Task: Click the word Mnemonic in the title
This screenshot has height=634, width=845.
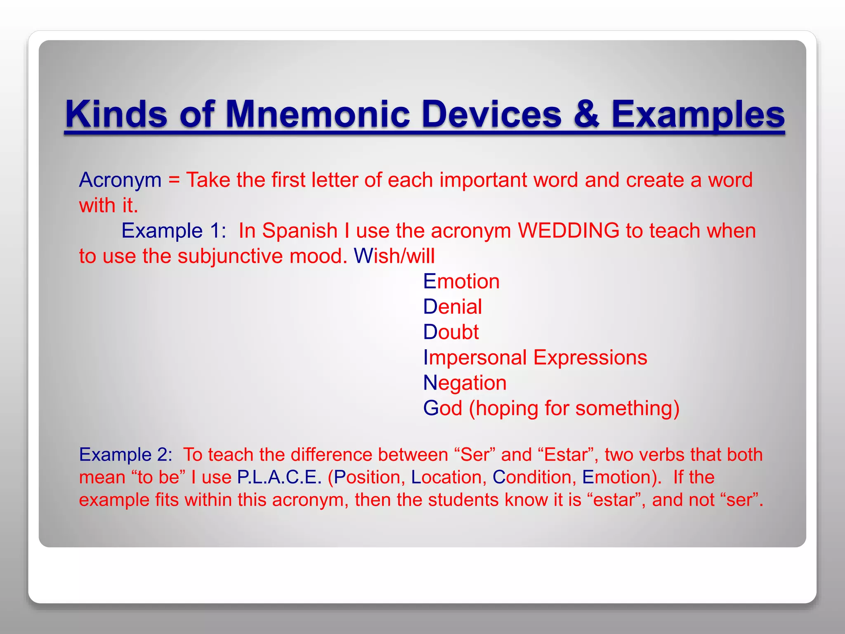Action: [317, 114]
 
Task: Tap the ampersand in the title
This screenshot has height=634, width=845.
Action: [586, 114]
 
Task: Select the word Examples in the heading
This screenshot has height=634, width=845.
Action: [697, 114]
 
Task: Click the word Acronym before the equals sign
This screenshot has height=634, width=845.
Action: [120, 180]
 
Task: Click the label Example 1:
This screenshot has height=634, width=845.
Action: [174, 231]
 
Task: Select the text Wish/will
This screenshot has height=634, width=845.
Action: [394, 256]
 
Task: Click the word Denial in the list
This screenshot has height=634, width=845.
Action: [452, 307]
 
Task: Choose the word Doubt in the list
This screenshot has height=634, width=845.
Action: [451, 332]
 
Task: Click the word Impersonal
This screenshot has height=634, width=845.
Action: [474, 358]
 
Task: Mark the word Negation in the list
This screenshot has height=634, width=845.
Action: [465, 383]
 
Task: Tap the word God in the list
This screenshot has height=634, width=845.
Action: [442, 408]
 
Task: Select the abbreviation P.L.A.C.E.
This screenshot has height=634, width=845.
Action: [279, 478]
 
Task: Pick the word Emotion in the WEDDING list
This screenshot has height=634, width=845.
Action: [461, 282]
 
